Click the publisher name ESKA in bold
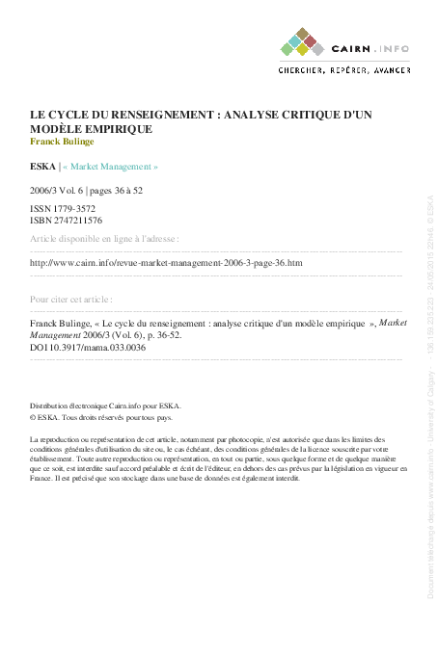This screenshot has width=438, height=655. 42,167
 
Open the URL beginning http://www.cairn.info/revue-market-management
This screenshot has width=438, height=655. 166,262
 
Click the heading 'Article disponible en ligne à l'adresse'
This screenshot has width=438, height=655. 104,238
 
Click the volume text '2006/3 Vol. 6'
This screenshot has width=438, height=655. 59,191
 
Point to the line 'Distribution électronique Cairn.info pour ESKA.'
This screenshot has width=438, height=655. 105,406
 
